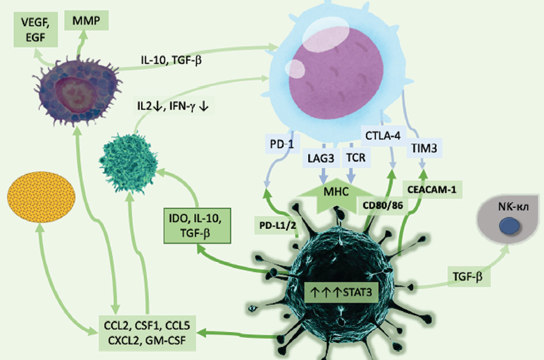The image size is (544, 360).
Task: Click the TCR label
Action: tap(355, 158)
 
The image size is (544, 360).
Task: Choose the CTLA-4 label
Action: tap(382, 134)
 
